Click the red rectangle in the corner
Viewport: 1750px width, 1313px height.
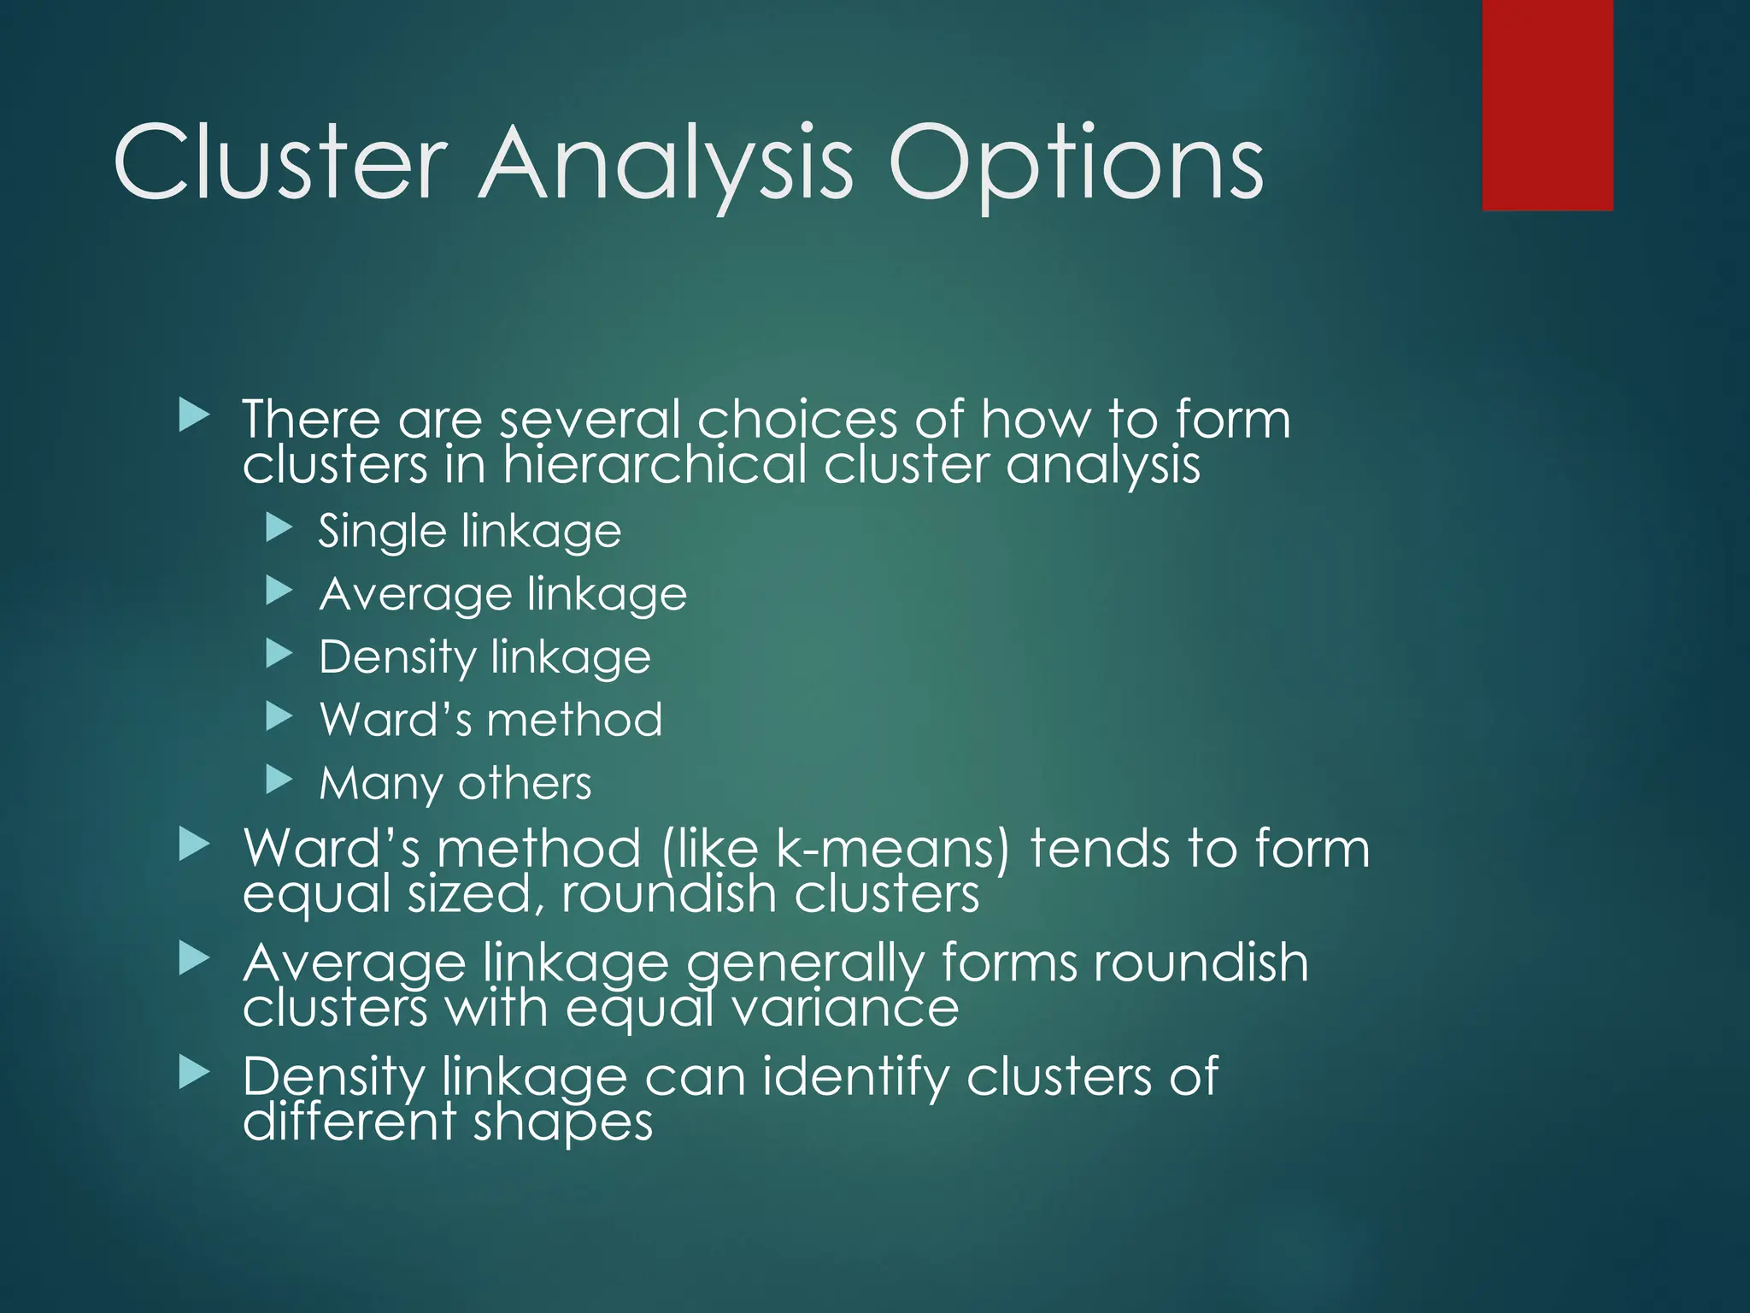point(1547,104)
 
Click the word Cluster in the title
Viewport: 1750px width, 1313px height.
point(280,162)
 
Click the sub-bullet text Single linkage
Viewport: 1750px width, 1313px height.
point(470,532)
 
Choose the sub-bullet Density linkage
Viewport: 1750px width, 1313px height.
point(484,657)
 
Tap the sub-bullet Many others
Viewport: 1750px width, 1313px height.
point(455,783)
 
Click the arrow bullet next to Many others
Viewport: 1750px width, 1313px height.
point(279,779)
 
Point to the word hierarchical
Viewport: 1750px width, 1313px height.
point(655,465)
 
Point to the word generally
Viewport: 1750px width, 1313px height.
point(805,964)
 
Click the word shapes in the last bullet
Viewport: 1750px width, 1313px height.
point(563,1122)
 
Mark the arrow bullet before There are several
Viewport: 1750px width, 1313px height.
point(194,416)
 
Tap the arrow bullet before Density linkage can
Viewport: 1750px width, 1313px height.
point(194,1073)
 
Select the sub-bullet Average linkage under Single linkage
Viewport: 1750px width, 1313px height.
point(502,594)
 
